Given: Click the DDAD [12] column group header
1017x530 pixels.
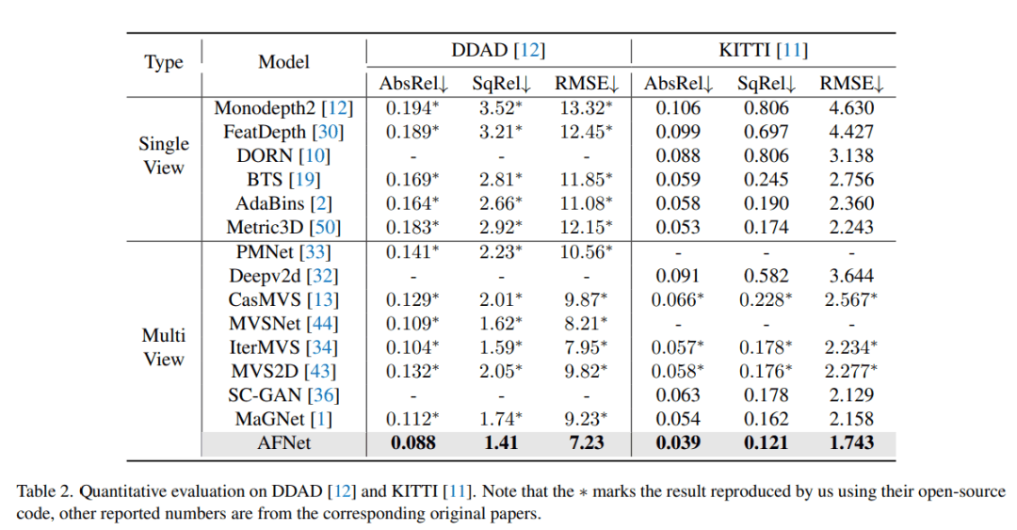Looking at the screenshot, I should click(497, 51).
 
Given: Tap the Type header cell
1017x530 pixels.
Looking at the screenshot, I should click(164, 63).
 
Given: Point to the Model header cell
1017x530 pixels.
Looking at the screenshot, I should click(283, 63).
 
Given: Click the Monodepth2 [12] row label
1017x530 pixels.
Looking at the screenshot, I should click(283, 108).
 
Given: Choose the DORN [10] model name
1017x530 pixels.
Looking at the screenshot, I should click(283, 155).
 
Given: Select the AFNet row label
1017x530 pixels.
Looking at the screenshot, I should click(283, 442).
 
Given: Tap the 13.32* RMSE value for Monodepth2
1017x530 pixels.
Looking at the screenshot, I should click(584, 108).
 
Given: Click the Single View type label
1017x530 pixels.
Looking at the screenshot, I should click(164, 155).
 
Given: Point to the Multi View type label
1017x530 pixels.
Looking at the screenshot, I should click(164, 347).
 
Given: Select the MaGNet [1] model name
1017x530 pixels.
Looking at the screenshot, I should click(283, 419).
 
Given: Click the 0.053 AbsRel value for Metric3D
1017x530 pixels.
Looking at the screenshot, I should click(672, 227).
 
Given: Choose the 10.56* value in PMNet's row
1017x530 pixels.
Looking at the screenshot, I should click(584, 251).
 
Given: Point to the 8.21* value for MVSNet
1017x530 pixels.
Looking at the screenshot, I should click(584, 323).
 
